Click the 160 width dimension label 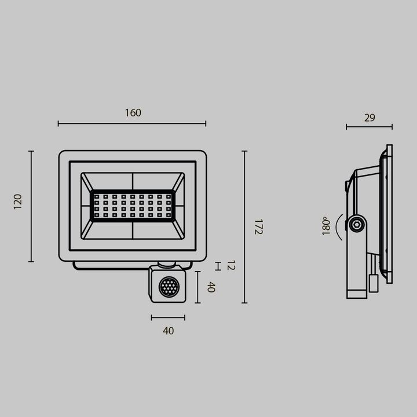[133, 113]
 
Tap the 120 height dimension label [18, 202]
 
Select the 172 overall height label [258, 226]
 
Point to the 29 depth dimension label [370, 118]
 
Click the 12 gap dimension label [231, 266]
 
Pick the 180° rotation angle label [325, 226]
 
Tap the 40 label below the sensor [168, 331]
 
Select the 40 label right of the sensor [211, 287]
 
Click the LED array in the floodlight [133, 206]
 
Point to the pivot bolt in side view [357, 224]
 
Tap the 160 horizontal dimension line [132, 123]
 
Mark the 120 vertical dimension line [31, 206]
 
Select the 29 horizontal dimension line [369, 127]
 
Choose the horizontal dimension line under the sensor [168, 317]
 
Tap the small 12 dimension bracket [218, 266]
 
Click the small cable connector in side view [374, 284]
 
